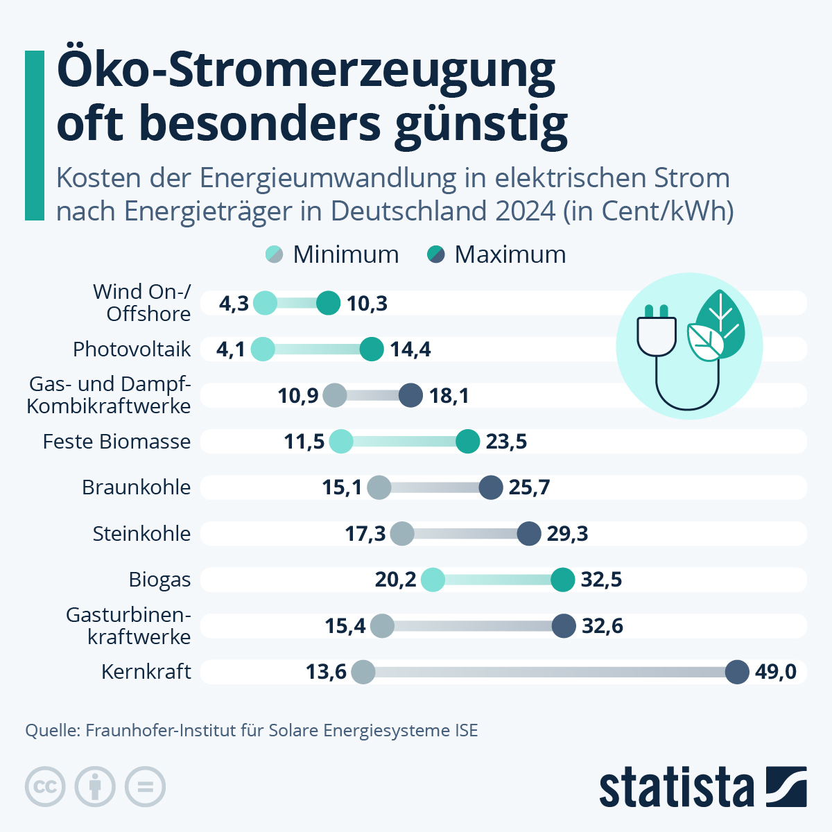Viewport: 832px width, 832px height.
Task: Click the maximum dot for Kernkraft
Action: pos(737,672)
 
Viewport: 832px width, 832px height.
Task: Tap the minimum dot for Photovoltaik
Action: pos(262,349)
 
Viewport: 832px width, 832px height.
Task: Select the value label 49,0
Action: pos(776,672)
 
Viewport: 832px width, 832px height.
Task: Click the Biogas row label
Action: pos(159,580)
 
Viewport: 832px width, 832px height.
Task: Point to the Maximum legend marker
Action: pos(435,254)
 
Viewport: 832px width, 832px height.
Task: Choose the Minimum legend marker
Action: pos(275,254)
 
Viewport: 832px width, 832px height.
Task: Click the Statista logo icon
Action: pos(786,786)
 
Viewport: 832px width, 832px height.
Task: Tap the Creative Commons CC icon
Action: pos(45,787)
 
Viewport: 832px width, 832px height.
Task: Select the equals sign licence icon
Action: pos(145,787)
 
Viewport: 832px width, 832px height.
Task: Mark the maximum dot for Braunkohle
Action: pos(491,487)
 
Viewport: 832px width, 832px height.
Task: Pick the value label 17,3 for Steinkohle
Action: pos(365,534)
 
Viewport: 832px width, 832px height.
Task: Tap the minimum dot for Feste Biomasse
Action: pos(340,442)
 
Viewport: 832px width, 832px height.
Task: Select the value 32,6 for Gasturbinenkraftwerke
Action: pos(603,626)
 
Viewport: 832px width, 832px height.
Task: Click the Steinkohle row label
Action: pos(141,534)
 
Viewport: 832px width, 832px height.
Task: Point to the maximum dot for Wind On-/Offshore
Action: pos(329,303)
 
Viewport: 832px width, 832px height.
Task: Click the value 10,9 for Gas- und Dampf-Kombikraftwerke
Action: pos(298,396)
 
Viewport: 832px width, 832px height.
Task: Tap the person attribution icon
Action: pos(95,787)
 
